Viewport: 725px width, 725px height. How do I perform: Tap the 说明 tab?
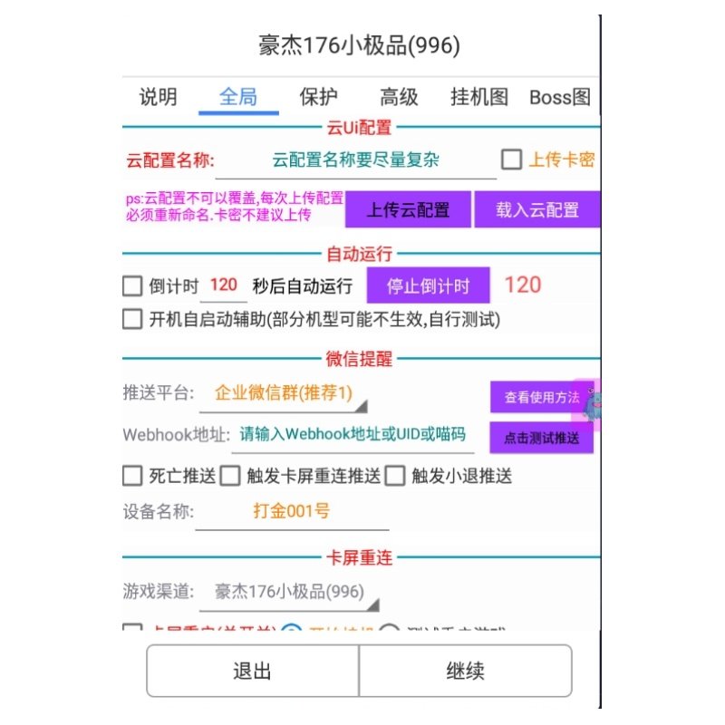click(x=158, y=98)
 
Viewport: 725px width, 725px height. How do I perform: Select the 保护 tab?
click(x=318, y=98)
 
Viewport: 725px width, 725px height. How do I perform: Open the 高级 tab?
click(x=399, y=98)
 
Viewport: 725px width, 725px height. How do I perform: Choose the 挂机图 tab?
click(x=479, y=98)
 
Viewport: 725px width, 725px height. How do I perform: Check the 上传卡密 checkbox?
click(x=512, y=160)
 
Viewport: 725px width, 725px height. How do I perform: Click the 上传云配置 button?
click(x=408, y=210)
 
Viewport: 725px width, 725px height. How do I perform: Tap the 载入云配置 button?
click(x=537, y=210)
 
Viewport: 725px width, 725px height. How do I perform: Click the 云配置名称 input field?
click(x=355, y=161)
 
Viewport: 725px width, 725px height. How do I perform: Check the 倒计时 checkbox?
click(x=132, y=286)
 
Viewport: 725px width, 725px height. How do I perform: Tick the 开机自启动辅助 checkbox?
click(x=132, y=319)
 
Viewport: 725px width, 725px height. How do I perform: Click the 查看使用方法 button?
click(x=541, y=397)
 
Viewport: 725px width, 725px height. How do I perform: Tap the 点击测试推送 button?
click(x=541, y=438)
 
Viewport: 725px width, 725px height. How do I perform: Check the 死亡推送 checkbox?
click(x=132, y=476)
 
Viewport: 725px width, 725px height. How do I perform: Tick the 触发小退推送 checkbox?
click(x=395, y=476)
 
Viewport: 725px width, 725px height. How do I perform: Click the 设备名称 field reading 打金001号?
click(x=292, y=512)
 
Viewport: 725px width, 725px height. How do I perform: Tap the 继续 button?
click(x=465, y=671)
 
